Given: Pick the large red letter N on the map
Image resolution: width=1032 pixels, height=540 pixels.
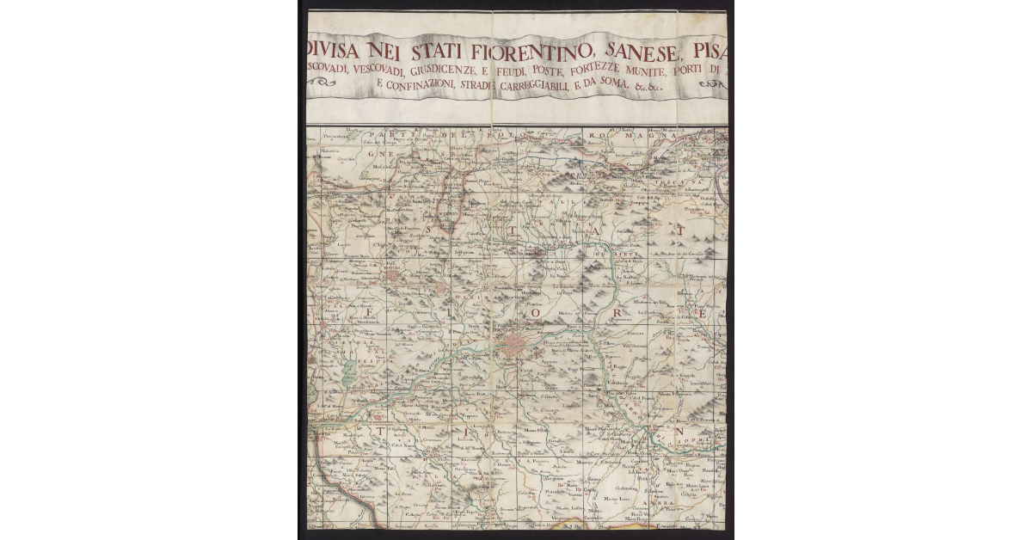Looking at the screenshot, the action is tap(678, 430).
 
